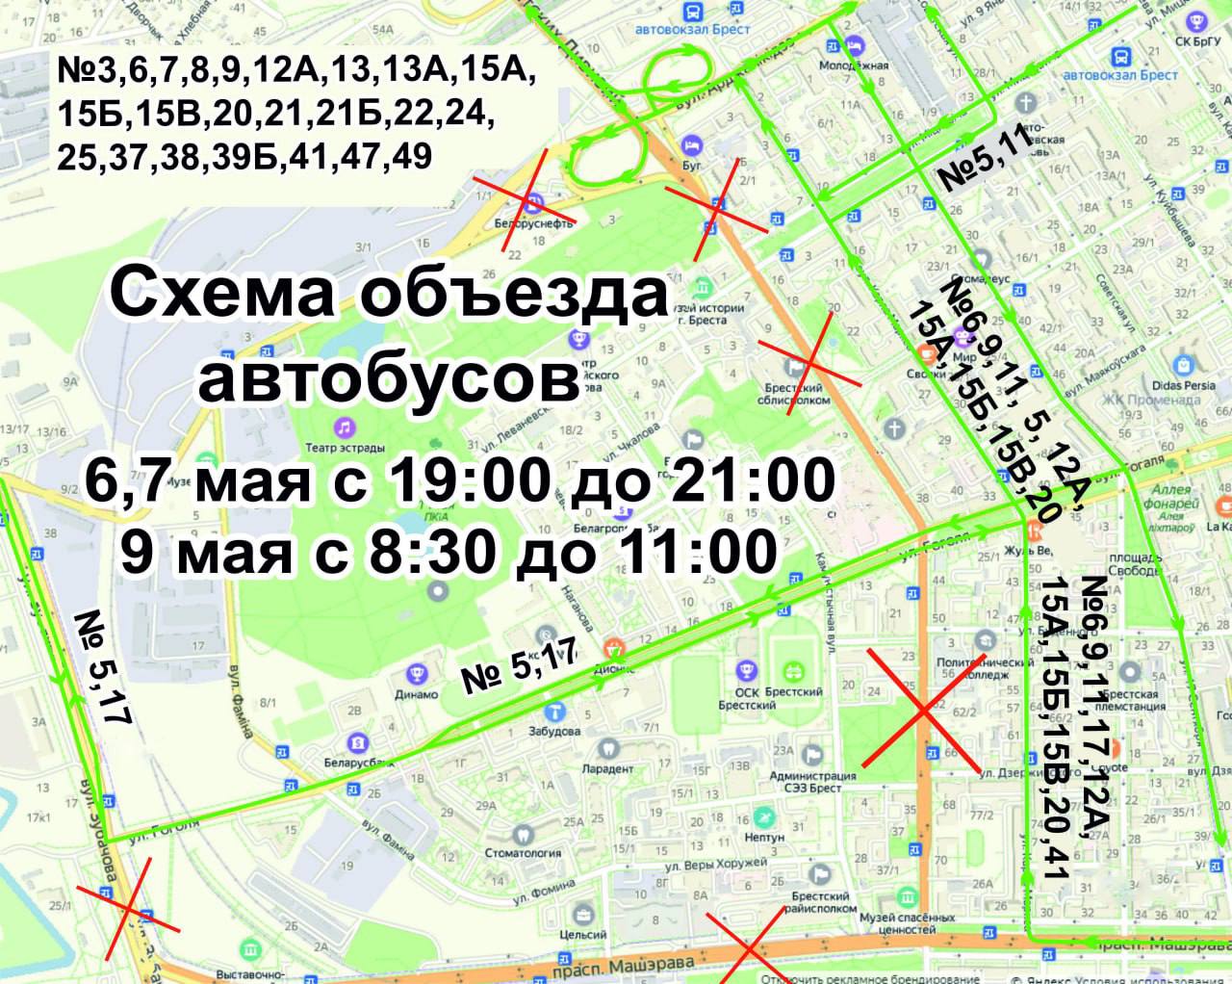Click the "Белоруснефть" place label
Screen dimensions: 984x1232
point(533,222)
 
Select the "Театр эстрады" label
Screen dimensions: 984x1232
point(345,448)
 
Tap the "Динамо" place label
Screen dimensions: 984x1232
point(416,693)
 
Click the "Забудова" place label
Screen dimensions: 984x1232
point(553,730)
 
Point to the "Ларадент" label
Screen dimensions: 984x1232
point(607,768)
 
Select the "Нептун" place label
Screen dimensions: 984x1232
point(764,837)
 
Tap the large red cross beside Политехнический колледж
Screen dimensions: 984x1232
point(922,711)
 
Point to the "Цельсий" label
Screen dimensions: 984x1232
point(582,933)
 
